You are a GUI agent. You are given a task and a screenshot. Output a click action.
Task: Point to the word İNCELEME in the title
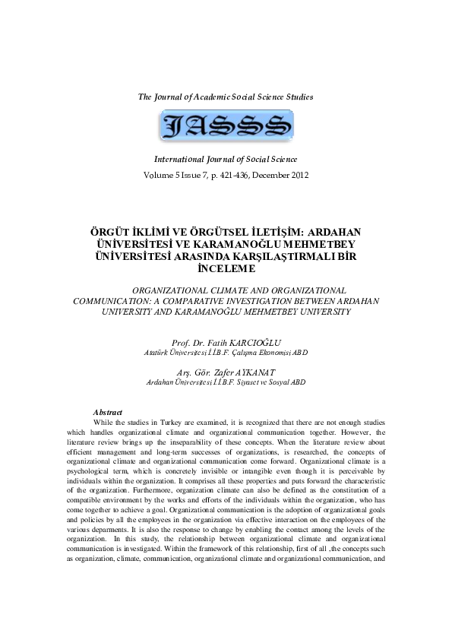pos(226,268)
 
